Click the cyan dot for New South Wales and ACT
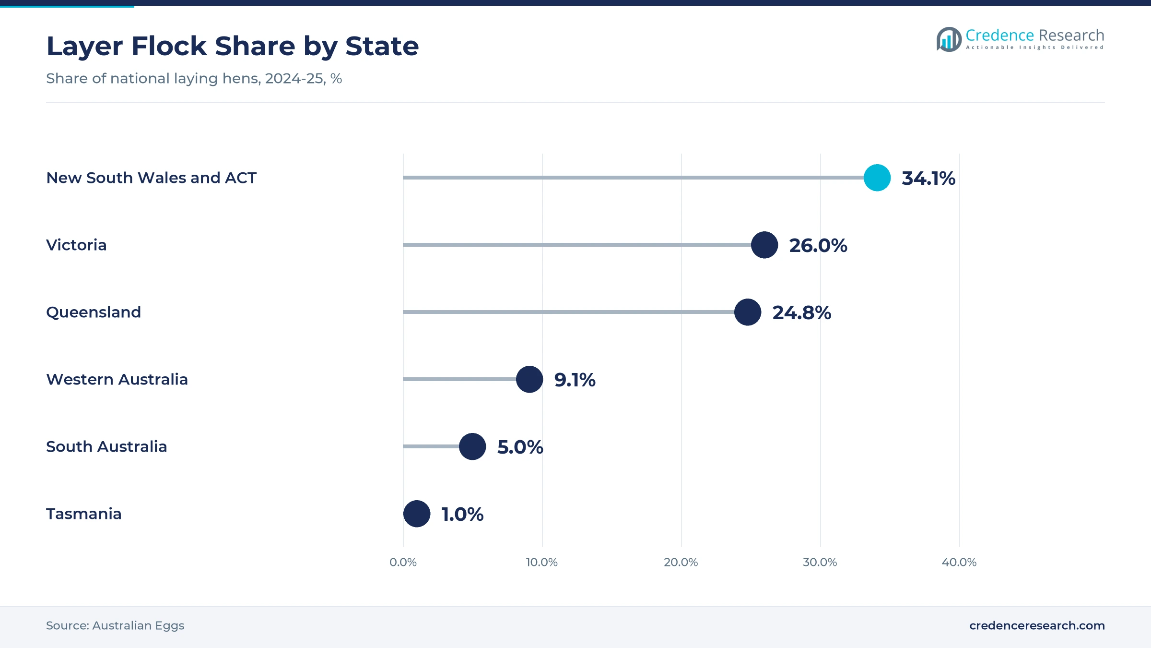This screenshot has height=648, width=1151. coord(877,178)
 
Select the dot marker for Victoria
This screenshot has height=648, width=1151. coord(764,245)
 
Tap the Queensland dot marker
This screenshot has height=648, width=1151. coord(748,312)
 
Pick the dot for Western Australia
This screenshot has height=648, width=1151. coord(529,379)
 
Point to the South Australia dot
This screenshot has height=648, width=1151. coord(472,446)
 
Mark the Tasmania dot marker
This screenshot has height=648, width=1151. coord(417,514)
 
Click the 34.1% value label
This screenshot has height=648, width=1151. coord(928,179)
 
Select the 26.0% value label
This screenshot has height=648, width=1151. coord(818,246)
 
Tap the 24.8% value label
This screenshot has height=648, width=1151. coord(802,313)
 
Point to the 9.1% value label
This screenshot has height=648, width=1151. coord(575,380)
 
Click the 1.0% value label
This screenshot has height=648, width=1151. coord(462,515)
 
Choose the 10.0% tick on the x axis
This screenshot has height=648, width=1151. coord(542,562)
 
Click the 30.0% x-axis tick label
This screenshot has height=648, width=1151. coord(820,562)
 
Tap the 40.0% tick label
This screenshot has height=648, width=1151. coord(959,562)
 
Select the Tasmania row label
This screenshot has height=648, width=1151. coord(84,514)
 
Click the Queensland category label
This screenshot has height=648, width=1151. coord(94,312)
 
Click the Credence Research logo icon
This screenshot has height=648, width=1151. coord(949,39)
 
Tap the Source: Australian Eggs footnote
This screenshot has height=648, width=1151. coord(115,625)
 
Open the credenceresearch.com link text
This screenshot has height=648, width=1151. coord(1037,625)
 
